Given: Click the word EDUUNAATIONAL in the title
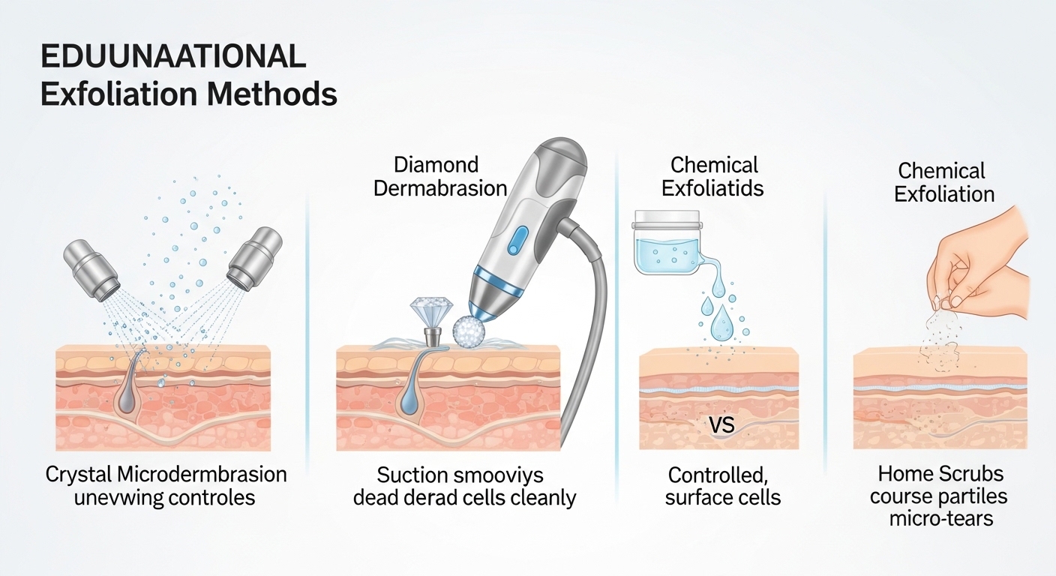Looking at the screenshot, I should (x=172, y=58).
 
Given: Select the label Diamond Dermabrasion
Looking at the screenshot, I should (x=439, y=176).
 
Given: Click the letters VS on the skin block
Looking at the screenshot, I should (x=721, y=426).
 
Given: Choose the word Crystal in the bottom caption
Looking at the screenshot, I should (x=79, y=475).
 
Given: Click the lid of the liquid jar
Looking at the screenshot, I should (x=667, y=219).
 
